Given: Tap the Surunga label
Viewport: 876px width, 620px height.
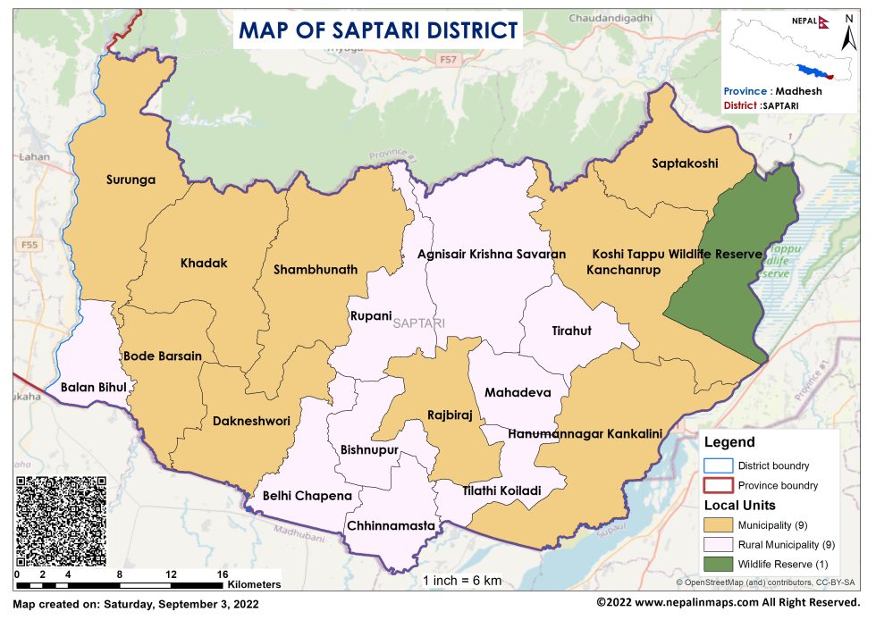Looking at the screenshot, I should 131,180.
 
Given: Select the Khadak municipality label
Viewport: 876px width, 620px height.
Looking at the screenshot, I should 204,264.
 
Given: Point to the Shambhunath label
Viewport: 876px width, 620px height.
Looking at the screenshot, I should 316,269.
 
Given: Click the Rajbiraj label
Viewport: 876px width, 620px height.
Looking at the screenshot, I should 450,415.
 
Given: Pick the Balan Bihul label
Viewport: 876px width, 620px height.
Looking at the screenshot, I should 93,388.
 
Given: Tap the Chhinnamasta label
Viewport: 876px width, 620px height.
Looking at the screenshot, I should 391,525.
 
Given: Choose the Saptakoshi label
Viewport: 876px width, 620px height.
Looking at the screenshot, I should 685,163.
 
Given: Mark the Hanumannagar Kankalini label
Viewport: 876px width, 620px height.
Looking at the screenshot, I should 585,433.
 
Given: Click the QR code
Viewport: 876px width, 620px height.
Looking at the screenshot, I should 62,520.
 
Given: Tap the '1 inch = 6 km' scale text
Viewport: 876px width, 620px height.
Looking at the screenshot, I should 462,581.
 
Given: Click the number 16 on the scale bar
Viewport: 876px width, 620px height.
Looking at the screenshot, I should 223,574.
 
